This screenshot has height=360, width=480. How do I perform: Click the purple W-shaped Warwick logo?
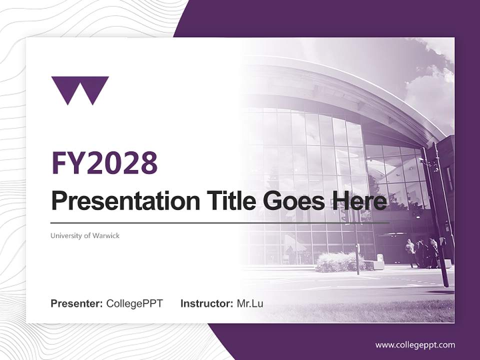(x=80, y=90)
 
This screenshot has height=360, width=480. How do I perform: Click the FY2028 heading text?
(x=104, y=162)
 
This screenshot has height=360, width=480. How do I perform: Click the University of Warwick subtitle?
(x=85, y=235)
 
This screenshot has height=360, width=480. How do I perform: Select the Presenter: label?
(x=77, y=303)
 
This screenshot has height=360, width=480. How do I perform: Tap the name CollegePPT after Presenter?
(x=134, y=303)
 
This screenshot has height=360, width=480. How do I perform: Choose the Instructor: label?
(x=207, y=303)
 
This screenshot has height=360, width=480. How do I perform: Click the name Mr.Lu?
(x=250, y=303)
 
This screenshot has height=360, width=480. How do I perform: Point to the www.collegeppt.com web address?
(x=415, y=345)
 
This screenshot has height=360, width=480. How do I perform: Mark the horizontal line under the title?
(x=220, y=222)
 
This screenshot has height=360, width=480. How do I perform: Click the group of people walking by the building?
(x=422, y=252)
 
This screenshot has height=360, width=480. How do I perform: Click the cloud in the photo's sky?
(x=430, y=90)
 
